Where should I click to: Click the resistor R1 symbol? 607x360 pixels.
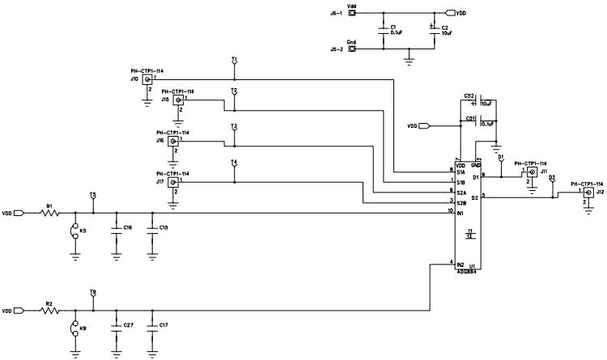point(50,214)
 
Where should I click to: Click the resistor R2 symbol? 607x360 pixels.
point(50,311)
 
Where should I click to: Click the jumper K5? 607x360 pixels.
point(75,231)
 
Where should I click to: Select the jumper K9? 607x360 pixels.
point(75,328)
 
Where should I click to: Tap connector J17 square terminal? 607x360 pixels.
point(172,182)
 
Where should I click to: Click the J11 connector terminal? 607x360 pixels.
point(532,172)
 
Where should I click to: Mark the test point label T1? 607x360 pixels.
point(234,61)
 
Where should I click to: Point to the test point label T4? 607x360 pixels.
point(234,163)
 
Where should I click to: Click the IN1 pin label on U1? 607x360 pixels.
point(461,213)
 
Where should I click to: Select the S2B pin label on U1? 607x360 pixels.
point(461,203)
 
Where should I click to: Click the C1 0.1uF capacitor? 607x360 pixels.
point(383,31)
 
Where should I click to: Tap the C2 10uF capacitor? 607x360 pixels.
point(435,31)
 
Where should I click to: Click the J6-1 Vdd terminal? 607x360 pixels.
point(352,14)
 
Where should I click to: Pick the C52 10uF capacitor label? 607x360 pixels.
point(469,95)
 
